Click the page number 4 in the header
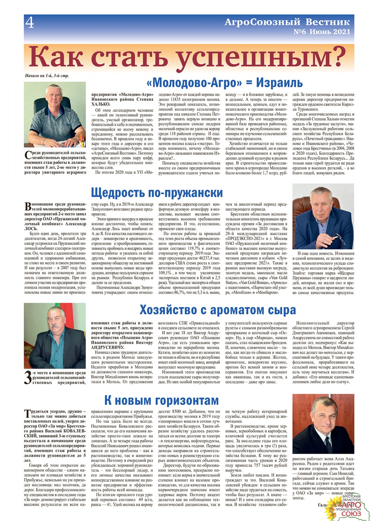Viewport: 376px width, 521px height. (30, 23)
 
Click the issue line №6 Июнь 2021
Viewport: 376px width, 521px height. (322, 32)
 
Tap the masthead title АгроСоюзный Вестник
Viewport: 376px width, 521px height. (287, 22)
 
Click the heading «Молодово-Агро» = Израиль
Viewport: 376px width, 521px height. (224, 83)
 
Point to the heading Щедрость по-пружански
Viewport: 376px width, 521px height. (157, 193)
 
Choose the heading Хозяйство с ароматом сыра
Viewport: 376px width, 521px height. (218, 310)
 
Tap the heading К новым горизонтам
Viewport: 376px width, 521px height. (161, 401)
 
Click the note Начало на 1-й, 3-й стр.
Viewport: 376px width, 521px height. (47, 76)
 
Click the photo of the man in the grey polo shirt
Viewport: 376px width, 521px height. (55, 115)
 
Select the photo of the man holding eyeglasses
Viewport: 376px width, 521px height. (323, 216)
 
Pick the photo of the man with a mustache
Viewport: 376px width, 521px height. (55, 335)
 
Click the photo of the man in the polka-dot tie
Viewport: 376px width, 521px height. (323, 424)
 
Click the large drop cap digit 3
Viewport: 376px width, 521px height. (28, 378)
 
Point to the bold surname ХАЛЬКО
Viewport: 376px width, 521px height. (99, 104)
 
